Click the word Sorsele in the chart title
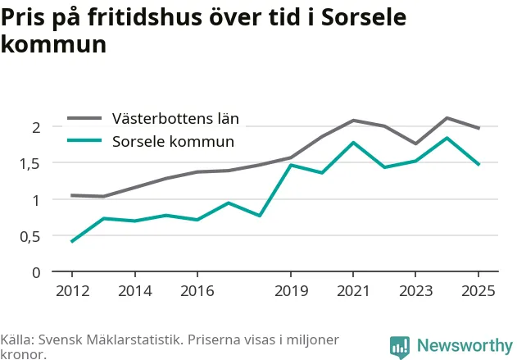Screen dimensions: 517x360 (364, 17)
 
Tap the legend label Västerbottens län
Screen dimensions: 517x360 (175, 118)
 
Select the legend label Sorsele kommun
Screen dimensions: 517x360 (173, 142)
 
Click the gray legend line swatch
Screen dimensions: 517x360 (84, 118)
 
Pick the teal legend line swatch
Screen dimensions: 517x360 (84, 140)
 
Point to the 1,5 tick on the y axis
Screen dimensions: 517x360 (30, 164)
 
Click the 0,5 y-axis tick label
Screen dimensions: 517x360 (30, 237)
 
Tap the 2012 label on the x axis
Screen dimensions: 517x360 (73, 291)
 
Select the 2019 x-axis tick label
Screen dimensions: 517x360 (291, 291)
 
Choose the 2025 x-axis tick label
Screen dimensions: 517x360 (478, 291)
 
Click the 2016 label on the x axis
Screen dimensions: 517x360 (197, 291)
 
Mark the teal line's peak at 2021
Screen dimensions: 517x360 (353, 143)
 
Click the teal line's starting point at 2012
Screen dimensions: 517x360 (72, 242)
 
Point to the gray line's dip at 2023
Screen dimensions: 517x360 (415, 144)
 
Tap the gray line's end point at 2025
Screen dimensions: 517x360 (479, 128)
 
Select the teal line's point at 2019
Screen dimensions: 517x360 (291, 165)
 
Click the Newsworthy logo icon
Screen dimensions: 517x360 (400, 348)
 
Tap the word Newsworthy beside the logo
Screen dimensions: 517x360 (465, 346)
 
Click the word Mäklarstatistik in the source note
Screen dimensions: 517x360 (135, 339)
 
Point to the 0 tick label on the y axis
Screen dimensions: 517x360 (36, 273)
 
